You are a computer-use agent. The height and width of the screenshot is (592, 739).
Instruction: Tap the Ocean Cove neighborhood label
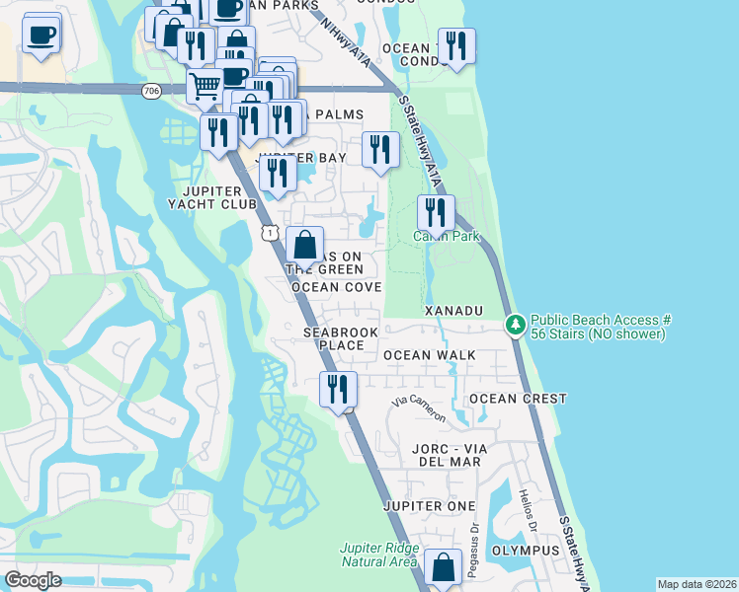coord(336,287)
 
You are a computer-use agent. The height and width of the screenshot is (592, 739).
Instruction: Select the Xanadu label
coord(453,311)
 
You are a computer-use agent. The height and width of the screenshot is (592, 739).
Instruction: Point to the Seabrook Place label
coord(334,339)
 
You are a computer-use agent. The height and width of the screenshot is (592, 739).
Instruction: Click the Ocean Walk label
coord(430,355)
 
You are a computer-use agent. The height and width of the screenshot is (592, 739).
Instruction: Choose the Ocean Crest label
coord(518,399)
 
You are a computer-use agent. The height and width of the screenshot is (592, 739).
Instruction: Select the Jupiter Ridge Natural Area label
coord(379,555)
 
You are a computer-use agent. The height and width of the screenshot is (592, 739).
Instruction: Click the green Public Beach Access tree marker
coord(515,323)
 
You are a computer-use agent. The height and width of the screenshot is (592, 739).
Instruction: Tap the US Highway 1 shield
coord(268,232)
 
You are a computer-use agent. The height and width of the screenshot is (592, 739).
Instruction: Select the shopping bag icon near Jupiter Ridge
coord(444,567)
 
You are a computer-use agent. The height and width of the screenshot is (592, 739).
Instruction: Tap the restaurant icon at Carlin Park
coord(435,212)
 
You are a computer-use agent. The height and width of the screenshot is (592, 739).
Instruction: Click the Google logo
coord(33,580)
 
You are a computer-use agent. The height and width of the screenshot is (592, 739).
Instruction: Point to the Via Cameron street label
coord(419,408)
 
